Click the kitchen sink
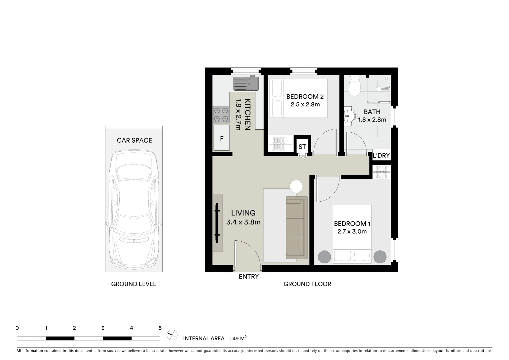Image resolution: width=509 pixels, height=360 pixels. pyautogui.click(x=246, y=83)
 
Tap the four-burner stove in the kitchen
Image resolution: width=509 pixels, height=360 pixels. pyautogui.click(x=221, y=114)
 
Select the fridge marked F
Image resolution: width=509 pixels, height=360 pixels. pyautogui.click(x=222, y=138)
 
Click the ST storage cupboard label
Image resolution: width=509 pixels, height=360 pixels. pyautogui.click(x=302, y=147)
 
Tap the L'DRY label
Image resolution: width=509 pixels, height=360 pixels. pyautogui.click(x=381, y=155)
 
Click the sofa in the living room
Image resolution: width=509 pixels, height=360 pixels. pyautogui.click(x=296, y=228)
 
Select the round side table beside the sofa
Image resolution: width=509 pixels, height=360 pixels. pyautogui.click(x=296, y=186)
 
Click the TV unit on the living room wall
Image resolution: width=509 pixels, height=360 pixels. pyautogui.click(x=217, y=223)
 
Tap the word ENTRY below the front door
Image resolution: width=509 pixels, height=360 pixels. pyautogui.click(x=249, y=276)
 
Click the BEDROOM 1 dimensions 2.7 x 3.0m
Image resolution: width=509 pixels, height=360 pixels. pyautogui.click(x=352, y=232)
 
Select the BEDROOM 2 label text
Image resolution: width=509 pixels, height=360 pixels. pyautogui.click(x=305, y=97)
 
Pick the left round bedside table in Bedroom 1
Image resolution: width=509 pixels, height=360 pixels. pyautogui.click(x=324, y=257)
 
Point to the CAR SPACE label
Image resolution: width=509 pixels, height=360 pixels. pyautogui.click(x=134, y=140)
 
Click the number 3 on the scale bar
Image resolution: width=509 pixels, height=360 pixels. pyautogui.click(x=103, y=328)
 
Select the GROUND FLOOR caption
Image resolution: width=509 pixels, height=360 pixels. pyautogui.click(x=307, y=284)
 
